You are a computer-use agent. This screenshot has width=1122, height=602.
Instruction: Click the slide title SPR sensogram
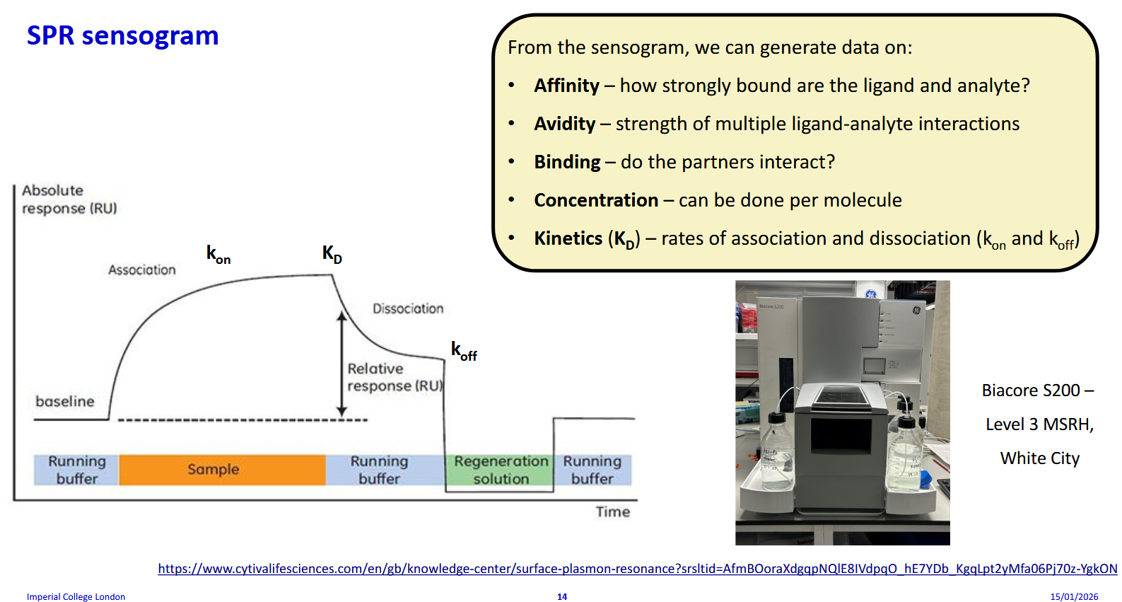122,35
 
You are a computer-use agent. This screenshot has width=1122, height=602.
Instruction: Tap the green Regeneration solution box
501,470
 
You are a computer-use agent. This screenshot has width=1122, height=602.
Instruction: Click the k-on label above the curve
218,254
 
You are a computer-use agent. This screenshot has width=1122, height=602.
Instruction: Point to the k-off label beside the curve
464,351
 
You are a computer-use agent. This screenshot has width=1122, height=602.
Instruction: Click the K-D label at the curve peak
332,254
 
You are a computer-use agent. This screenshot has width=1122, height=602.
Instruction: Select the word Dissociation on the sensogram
408,308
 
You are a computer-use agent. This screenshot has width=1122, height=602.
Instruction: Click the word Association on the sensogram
141,270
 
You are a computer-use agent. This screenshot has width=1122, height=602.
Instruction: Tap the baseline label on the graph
64,401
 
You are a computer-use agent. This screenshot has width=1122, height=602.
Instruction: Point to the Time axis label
612,511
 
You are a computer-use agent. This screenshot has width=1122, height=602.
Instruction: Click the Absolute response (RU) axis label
69,199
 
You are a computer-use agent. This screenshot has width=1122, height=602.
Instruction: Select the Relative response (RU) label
395,377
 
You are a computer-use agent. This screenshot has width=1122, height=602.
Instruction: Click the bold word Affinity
566,86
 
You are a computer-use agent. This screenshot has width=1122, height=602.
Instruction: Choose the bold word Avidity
564,124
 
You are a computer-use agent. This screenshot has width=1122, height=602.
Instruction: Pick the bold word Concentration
595,200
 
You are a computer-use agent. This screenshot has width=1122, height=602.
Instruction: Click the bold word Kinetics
568,238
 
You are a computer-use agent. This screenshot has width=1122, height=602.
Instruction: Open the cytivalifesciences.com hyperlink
637,569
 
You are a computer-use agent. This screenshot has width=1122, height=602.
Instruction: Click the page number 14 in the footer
561,596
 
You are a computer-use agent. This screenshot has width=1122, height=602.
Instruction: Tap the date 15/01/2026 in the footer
1073,596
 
